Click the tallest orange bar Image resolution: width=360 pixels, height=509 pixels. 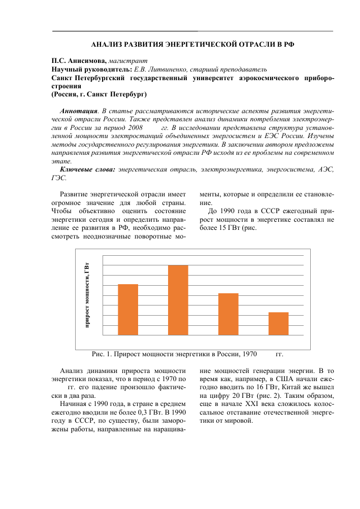tap(178, 300)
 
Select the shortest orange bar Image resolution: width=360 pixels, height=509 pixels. tap(278, 323)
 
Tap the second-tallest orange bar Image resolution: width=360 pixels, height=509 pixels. tap(127, 310)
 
